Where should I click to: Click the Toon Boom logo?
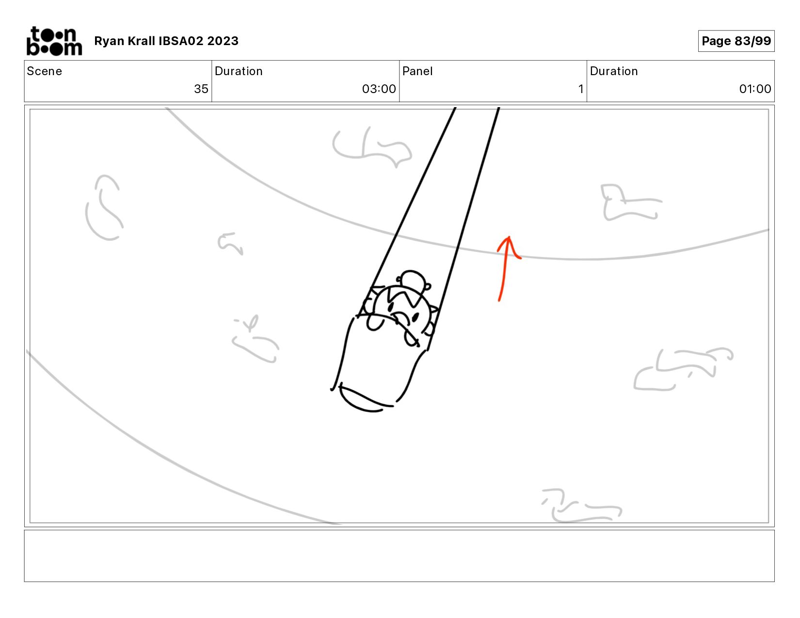point(54,41)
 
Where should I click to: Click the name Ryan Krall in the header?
point(124,41)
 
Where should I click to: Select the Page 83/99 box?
point(736,41)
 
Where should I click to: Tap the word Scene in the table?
point(44,71)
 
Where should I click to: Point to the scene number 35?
point(201,89)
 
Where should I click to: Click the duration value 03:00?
point(379,89)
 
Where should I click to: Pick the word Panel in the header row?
point(417,71)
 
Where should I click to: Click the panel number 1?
point(580,89)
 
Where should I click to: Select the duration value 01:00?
point(755,89)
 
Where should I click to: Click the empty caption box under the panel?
point(399,556)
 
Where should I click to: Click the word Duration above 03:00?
point(239,71)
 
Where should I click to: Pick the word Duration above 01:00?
point(614,71)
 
